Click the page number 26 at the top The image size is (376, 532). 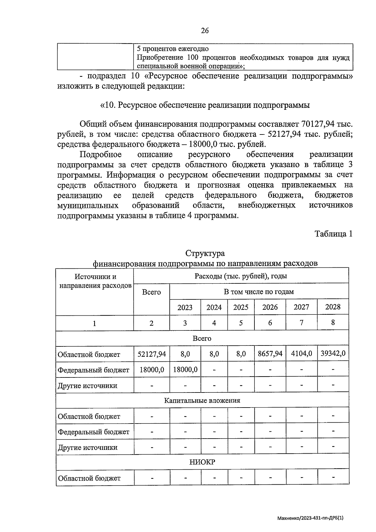(205, 30)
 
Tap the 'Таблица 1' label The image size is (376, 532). (333, 234)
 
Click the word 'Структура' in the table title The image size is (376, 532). (205, 253)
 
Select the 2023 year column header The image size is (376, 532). (185, 307)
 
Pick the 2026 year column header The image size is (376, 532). (270, 307)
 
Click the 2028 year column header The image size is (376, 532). (333, 307)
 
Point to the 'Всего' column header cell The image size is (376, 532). (151, 292)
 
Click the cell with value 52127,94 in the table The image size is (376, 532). (152, 354)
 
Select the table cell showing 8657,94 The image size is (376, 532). (270, 354)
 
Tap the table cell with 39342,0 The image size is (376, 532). (333, 353)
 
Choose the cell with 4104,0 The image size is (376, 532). (301, 354)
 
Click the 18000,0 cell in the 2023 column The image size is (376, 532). (185, 370)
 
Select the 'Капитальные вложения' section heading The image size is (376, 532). (202, 400)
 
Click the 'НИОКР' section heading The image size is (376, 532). (202, 462)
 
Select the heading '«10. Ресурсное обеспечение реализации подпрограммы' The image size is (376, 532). (205, 105)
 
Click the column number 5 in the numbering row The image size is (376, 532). (241, 323)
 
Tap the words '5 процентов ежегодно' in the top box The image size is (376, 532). (173, 49)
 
